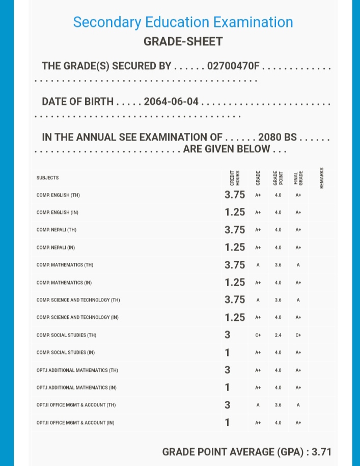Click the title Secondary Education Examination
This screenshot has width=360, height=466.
183,22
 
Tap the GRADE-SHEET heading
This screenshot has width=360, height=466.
183,42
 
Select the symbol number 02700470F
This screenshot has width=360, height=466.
233,66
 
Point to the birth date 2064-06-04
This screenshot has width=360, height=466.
171,101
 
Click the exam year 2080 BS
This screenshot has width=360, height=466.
278,137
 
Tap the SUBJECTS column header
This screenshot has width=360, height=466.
47,178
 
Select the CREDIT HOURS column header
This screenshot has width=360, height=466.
235,178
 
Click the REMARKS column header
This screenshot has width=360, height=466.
321,178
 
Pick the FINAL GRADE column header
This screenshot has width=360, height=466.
298,178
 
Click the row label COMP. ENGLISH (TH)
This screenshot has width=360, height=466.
58,195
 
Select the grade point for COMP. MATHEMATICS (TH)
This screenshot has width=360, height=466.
278,265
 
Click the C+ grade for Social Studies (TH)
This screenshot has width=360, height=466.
258,335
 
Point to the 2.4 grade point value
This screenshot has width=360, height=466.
278,335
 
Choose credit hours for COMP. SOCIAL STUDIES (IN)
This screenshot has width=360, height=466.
227,352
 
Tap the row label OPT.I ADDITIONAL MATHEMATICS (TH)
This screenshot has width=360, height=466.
77,370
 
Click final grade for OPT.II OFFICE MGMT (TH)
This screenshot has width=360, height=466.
298,405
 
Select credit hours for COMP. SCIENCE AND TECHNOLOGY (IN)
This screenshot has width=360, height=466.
235,317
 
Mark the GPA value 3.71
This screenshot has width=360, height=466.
322,452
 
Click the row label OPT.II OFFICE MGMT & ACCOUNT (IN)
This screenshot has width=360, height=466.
75,423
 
